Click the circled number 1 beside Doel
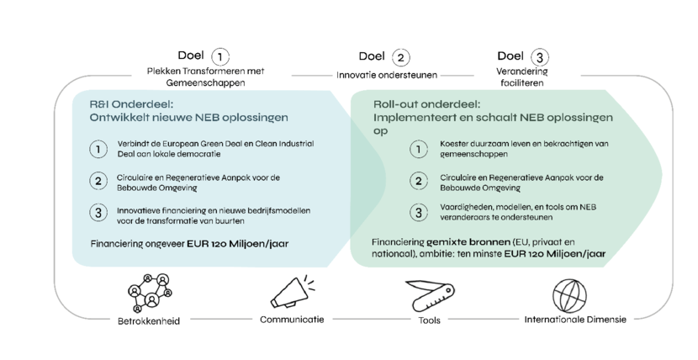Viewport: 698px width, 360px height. (219, 57)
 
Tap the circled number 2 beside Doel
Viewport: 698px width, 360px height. (400, 57)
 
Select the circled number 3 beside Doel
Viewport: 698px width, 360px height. (540, 57)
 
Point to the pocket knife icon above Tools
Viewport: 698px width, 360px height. (430, 296)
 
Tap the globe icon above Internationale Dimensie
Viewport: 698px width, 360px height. (570, 296)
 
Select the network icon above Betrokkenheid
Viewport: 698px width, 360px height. (150, 293)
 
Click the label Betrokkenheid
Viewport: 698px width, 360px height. (149, 320)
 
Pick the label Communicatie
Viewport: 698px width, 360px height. (292, 320)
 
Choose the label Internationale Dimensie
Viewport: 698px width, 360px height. (575, 320)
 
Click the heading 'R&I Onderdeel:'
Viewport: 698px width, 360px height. (131, 104)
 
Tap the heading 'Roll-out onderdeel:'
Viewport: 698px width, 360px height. (427, 104)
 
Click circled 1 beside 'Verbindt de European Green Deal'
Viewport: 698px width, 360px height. (98, 149)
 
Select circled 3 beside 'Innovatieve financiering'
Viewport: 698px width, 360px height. (98, 212)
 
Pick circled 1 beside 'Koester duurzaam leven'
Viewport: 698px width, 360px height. (419, 149)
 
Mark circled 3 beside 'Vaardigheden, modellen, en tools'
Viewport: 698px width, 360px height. (419, 212)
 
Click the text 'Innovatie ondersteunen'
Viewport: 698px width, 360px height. (387, 75)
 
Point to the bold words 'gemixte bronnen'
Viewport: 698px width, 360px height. (468, 242)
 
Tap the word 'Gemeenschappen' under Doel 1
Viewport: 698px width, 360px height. (206, 82)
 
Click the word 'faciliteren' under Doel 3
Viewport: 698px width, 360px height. (521, 82)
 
